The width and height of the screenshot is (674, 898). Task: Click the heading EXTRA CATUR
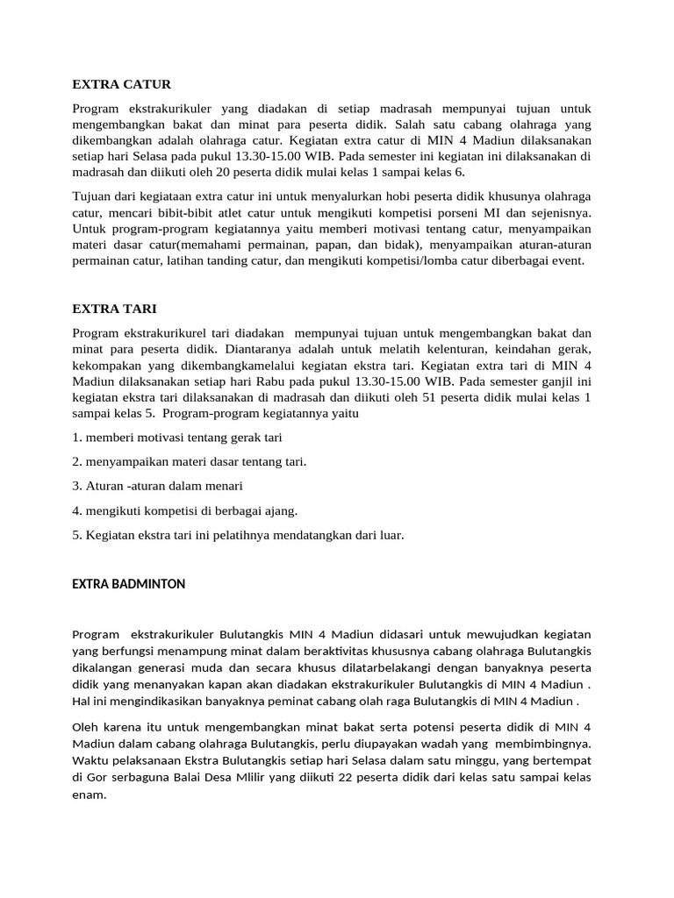121,84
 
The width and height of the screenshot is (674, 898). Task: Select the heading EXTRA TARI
114,309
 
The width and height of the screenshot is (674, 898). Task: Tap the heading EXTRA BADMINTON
128,584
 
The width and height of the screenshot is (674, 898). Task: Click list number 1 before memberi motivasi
76,437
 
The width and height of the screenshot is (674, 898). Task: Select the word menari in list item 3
223,485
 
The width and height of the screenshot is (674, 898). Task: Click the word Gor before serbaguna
97,778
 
